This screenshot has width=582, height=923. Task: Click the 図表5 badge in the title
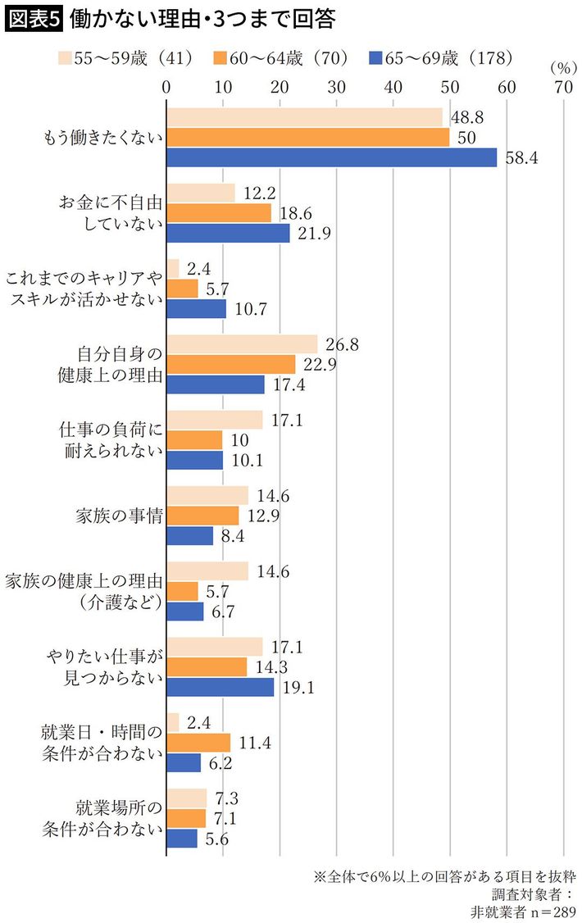[34, 18]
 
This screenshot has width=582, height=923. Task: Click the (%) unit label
[563, 67]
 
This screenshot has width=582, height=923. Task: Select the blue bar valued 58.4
[332, 157]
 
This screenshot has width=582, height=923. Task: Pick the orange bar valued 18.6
[219, 212]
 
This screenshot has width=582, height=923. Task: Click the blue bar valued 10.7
[197, 308]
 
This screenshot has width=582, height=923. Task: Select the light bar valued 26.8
[242, 343]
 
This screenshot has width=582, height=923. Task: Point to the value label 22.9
[319, 363]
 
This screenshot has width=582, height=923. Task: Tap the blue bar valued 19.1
[221, 687]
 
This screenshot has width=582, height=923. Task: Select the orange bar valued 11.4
[198, 742]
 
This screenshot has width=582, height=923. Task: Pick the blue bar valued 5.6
[182, 838]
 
